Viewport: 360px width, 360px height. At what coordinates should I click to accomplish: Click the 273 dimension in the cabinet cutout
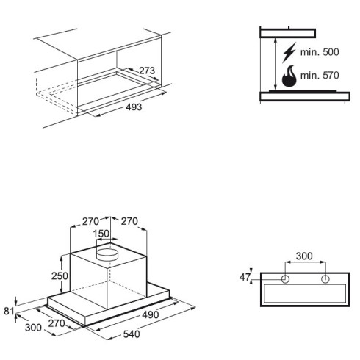147,71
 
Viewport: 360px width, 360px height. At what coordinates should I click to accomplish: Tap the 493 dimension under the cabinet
134,107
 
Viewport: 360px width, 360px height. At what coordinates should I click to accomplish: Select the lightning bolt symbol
289,52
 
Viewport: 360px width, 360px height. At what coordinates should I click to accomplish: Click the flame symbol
289,76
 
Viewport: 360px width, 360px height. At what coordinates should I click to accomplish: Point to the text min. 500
320,52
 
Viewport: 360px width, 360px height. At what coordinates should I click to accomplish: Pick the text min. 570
320,75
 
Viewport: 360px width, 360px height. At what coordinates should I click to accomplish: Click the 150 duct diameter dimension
101,234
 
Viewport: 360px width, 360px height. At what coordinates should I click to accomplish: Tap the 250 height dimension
60,276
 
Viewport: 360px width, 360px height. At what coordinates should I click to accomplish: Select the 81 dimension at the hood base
9,311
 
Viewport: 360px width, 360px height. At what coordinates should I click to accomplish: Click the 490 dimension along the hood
150,314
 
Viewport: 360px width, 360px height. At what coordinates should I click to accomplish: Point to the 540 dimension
132,334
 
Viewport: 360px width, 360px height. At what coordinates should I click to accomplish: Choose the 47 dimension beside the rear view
245,277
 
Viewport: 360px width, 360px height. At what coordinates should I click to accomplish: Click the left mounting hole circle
285,279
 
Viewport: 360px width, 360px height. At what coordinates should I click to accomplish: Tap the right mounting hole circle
325,279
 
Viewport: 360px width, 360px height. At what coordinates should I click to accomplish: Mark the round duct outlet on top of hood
107,254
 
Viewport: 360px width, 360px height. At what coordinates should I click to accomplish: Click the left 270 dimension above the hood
90,221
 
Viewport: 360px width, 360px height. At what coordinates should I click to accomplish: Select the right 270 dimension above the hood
129,221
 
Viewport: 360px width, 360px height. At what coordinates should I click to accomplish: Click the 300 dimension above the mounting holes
304,256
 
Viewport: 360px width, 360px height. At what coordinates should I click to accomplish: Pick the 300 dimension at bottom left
33,328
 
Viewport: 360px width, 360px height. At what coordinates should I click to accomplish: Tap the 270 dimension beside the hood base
57,323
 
